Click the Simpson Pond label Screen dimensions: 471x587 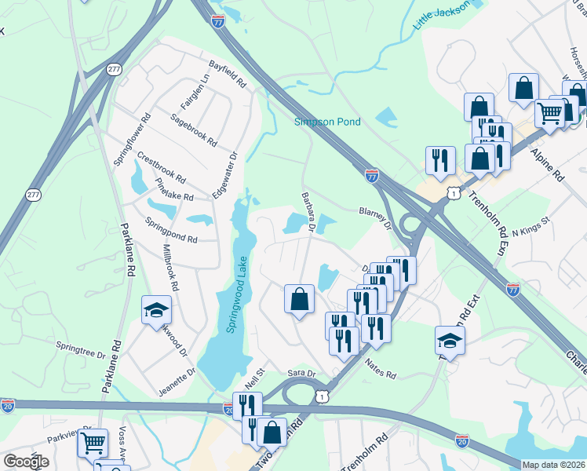[327, 122]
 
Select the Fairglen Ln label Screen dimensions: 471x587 [195, 92]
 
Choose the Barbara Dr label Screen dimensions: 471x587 [307, 212]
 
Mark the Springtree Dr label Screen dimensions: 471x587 [80, 349]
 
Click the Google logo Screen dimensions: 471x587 [25, 462]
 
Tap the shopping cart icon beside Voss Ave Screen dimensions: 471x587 [93, 444]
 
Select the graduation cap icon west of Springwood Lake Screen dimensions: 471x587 [157, 310]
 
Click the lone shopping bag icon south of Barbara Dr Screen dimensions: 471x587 [299, 299]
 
